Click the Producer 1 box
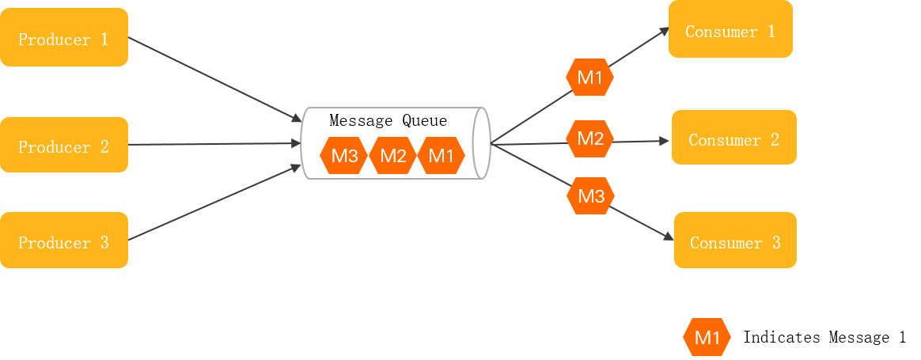(x=63, y=38)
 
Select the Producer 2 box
(x=63, y=146)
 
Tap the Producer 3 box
(x=63, y=241)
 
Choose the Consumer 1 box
(x=730, y=30)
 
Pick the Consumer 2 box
(x=733, y=138)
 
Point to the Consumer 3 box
(x=735, y=241)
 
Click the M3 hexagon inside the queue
(x=344, y=156)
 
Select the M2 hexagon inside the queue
(x=392, y=156)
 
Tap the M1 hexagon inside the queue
(x=441, y=156)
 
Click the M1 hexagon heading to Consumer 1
(x=589, y=78)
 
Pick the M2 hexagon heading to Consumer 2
(x=590, y=139)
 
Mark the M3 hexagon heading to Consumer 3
(x=591, y=195)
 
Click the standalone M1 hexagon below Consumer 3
(x=707, y=338)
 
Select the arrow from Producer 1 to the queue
(x=214, y=79)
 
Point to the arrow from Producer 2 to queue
(x=214, y=144)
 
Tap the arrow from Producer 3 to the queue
(x=214, y=203)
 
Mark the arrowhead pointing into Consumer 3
(x=669, y=237)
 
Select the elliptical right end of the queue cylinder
(x=481, y=143)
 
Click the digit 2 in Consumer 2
(x=774, y=139)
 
